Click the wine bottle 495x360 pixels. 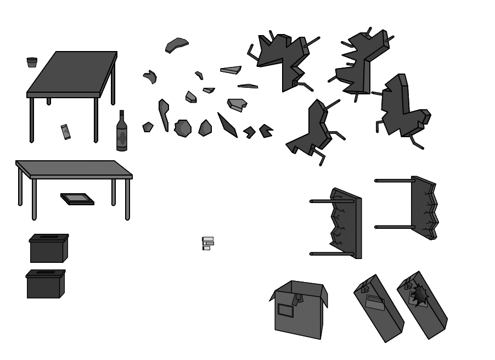(x=121, y=133)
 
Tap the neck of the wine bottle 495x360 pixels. (x=122, y=116)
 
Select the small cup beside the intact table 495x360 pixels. (x=32, y=61)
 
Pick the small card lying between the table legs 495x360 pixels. (x=65, y=132)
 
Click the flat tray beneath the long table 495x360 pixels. (x=77, y=198)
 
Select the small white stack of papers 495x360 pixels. (x=207, y=242)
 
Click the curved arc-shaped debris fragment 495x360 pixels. (x=177, y=44)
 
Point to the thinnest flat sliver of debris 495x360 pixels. (x=248, y=86)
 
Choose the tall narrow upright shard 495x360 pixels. (x=164, y=114)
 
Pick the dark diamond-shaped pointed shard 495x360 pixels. (x=226, y=125)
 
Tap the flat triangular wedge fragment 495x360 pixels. (x=231, y=70)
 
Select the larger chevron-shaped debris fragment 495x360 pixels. (x=266, y=131)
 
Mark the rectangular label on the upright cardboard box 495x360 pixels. (x=286, y=310)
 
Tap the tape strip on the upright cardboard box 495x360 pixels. (x=297, y=300)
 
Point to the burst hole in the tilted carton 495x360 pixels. (x=420, y=295)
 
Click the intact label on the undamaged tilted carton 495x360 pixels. (x=374, y=301)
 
